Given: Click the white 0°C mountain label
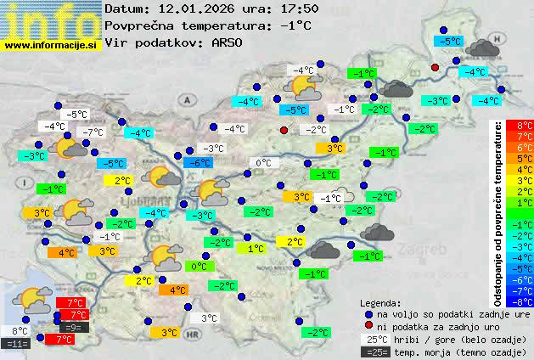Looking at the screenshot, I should click(263, 163).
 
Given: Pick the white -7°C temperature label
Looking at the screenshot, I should click(92, 132).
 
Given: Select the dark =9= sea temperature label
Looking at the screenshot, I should click(72, 327).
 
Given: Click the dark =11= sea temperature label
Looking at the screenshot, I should click(17, 344).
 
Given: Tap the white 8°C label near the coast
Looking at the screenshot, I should click(20, 331).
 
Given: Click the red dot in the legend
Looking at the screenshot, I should click(368, 326).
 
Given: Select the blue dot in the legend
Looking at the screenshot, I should click(368, 313).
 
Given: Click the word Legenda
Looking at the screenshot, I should click(381, 302).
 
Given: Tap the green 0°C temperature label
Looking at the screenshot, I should click(198, 267).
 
